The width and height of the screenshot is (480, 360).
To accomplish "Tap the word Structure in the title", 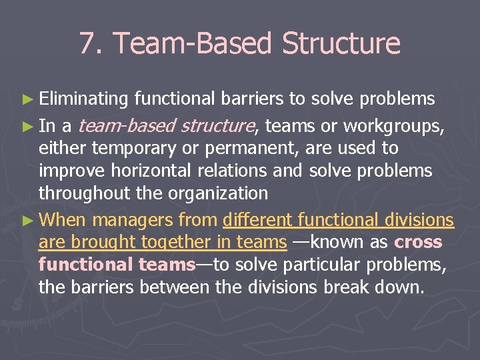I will (341, 44).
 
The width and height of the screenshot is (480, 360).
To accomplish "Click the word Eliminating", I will (83, 99).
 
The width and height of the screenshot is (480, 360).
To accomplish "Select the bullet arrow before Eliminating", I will (29, 100).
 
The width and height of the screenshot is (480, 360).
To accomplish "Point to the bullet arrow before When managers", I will (29, 221).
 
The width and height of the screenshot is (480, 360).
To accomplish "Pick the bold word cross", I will (418, 242).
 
